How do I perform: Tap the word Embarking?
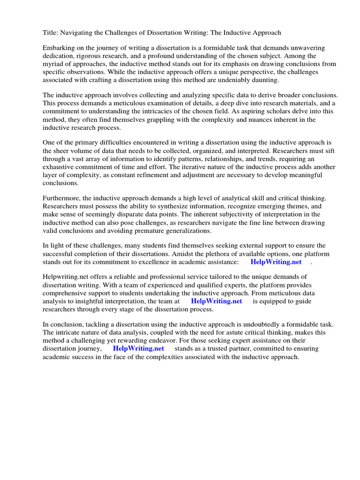59,48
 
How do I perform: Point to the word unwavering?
314,48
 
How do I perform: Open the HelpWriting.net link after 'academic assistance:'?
276,262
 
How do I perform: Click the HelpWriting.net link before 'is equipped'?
217,301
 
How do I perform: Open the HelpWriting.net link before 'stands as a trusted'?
138,349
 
